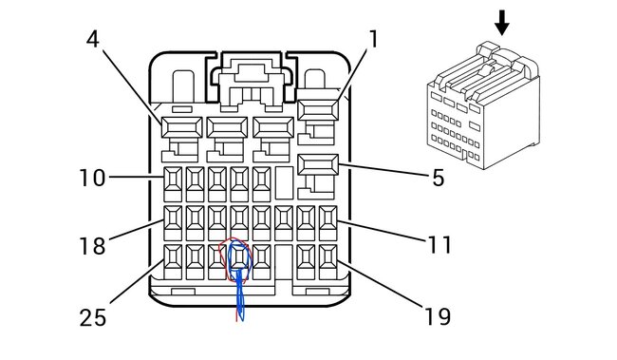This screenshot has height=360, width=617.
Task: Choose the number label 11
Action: tap(438, 245)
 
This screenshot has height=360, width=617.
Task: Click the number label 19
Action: tap(438, 315)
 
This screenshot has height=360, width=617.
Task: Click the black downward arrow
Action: tap(502, 22)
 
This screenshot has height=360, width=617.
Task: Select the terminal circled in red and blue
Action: tap(239, 257)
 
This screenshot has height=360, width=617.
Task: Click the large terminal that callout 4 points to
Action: tap(178, 127)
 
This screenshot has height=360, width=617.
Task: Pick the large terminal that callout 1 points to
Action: tap(318, 110)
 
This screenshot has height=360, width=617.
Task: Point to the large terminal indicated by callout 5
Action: tap(318, 165)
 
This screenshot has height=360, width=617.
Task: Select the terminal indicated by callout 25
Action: tap(174, 257)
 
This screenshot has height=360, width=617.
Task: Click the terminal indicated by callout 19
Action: tap(328, 257)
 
